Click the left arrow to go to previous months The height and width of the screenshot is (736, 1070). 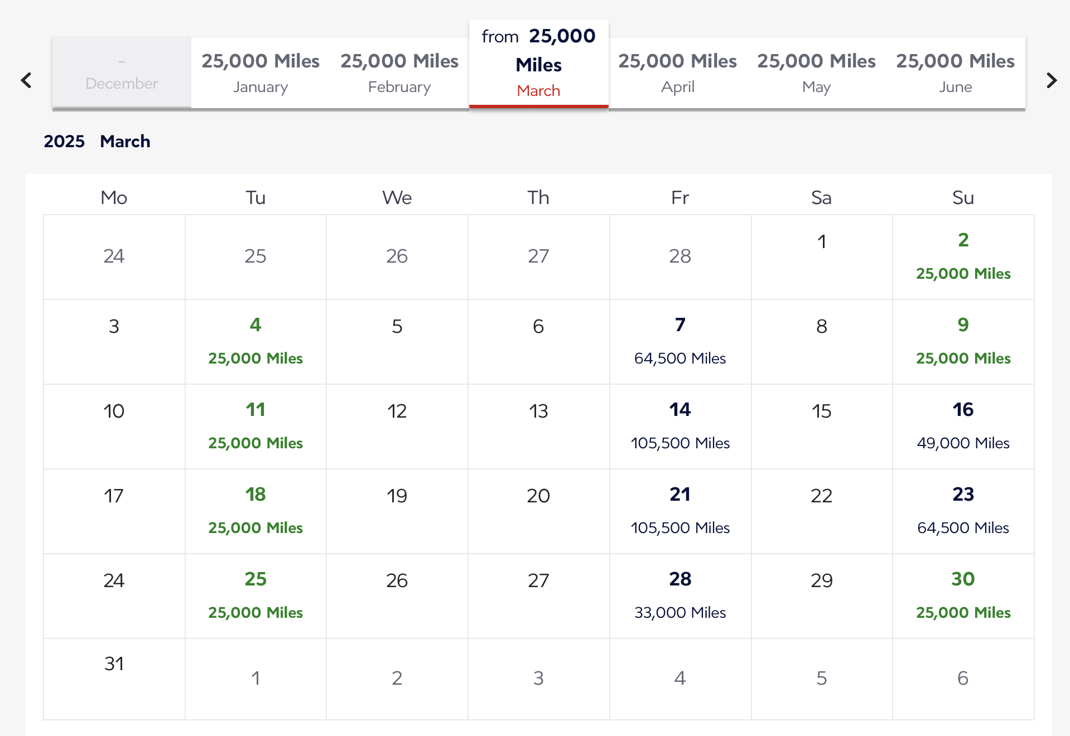coord(26,80)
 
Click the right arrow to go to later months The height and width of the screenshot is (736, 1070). coord(1052,80)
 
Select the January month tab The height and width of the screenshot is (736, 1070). coord(261,72)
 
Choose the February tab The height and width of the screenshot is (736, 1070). coord(399,72)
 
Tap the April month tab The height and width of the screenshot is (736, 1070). coord(677,72)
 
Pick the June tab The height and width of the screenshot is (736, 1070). coord(955,72)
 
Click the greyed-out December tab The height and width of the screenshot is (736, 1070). coord(122,72)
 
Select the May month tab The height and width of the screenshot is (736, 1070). coord(816,72)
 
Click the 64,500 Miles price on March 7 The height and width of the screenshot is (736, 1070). coord(679,358)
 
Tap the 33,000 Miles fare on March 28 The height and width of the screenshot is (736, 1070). coord(679,612)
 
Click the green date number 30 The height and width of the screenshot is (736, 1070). coord(963,579)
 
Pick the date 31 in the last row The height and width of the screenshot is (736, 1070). coord(114,664)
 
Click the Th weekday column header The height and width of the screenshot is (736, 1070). coord(538,197)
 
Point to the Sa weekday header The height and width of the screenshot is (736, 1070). coord(821,197)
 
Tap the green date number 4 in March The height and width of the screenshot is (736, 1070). coord(256,325)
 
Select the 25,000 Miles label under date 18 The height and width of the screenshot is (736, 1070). coord(256,527)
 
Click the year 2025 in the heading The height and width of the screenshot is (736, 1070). coord(64,141)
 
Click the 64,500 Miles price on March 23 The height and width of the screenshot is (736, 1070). coord(963,527)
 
